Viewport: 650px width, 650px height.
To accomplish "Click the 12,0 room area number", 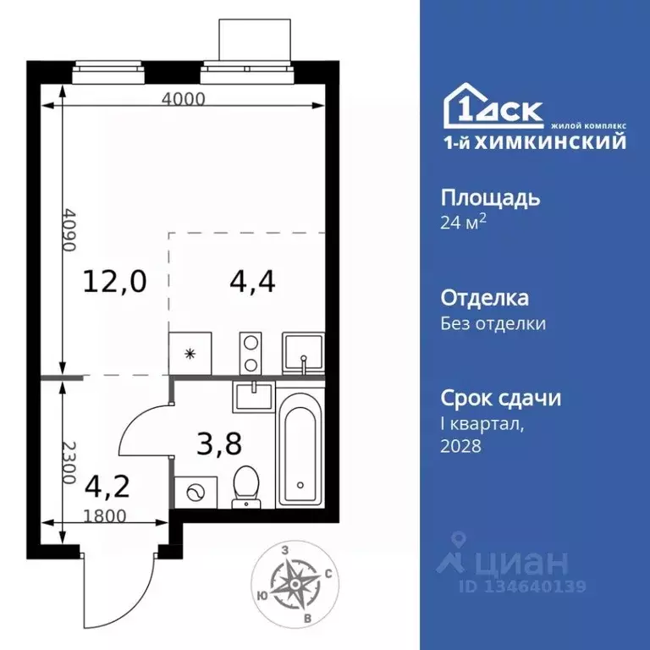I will click(x=114, y=281).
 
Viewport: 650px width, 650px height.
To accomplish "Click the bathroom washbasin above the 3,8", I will click(x=253, y=394).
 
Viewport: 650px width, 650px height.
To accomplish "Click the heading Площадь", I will click(x=491, y=199).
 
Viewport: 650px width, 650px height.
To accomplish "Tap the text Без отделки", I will click(x=493, y=323).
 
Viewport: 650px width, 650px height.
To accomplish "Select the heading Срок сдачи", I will click(x=501, y=398).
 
